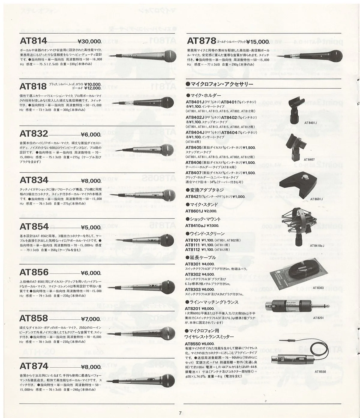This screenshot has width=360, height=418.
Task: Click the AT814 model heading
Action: tap(33, 41)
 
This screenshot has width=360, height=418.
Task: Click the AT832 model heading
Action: tap(34, 133)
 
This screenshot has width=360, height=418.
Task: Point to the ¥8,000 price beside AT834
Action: tap(91, 181)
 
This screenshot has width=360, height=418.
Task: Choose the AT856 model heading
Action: tap(34, 272)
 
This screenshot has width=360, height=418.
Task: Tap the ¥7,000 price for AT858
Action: tap(91, 319)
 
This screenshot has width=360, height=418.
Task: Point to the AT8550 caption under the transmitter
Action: tap(320, 372)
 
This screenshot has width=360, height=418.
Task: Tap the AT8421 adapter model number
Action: tap(195, 197)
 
